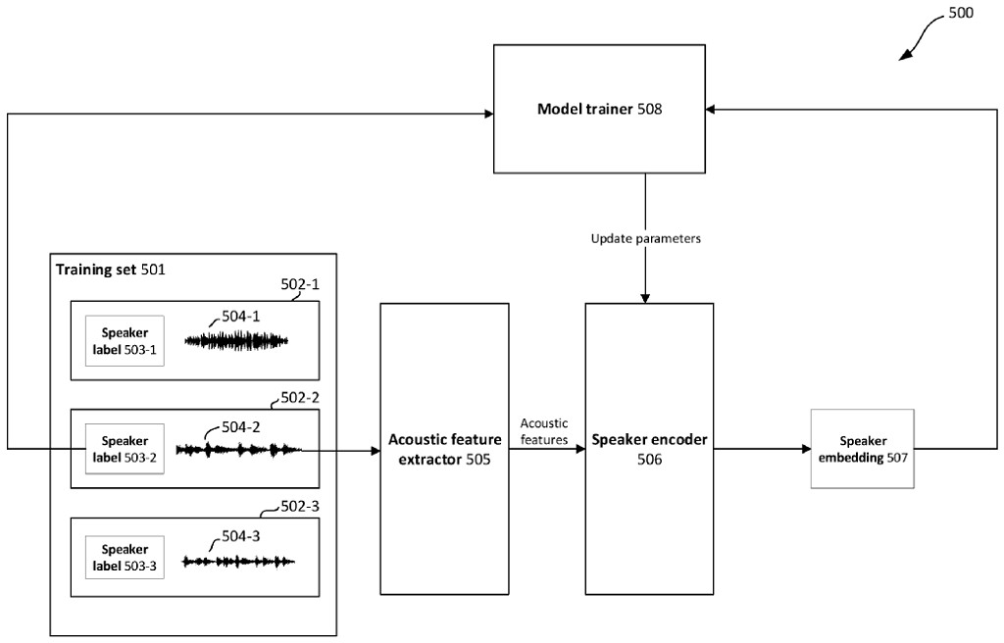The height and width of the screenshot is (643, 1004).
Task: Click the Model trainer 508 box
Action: (x=599, y=109)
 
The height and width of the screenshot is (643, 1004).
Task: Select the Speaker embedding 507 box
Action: (x=862, y=449)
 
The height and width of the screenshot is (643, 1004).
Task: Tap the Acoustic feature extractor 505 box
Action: (x=444, y=449)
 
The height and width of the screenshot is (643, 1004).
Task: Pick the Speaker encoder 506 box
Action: (x=648, y=449)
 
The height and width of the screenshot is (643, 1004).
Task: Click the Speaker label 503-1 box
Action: (x=125, y=341)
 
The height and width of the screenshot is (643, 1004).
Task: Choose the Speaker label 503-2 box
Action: (x=125, y=449)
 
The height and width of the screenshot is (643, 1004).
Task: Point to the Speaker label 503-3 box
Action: (x=125, y=559)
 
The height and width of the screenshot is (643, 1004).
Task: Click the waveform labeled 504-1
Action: (x=238, y=340)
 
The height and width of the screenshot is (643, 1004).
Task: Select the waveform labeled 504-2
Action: (x=238, y=450)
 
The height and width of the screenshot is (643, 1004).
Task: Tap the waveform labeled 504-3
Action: (x=238, y=562)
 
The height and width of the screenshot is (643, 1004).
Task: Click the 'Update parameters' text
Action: (x=645, y=239)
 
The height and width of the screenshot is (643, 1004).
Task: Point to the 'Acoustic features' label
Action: (x=544, y=431)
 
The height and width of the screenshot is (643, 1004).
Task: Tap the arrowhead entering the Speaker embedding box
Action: (x=805, y=450)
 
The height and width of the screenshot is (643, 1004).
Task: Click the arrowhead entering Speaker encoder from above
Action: (x=645, y=297)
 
